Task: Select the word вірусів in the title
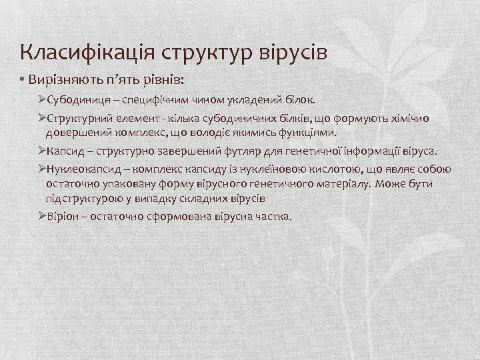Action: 294,51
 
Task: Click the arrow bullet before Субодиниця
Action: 42,99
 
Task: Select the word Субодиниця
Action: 76,99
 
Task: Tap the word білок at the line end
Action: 297,99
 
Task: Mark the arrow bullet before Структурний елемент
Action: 42,118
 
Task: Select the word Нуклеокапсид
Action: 81,169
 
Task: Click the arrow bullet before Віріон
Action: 42,216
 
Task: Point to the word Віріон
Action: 62,216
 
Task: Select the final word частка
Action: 274,216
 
